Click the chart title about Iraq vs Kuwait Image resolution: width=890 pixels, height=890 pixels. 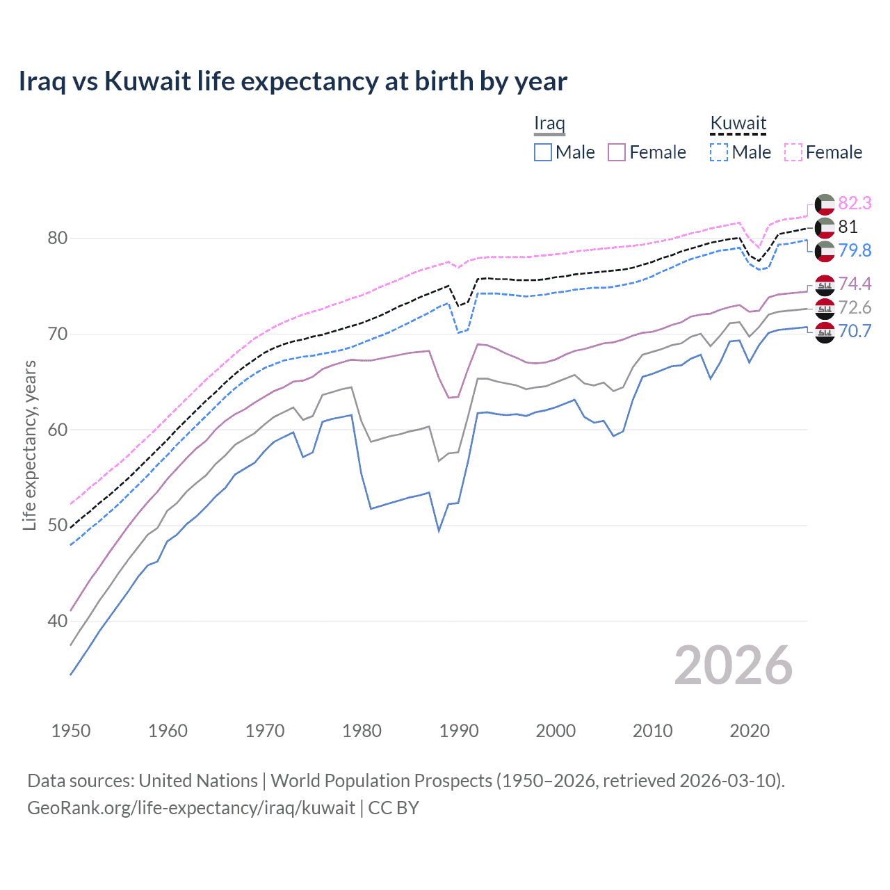pos(293,81)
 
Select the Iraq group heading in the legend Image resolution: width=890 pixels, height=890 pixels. pos(549,123)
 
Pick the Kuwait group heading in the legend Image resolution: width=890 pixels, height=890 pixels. pos(738,123)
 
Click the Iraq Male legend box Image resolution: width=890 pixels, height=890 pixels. pos(543,152)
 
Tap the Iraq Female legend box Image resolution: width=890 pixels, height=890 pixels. pos(617,152)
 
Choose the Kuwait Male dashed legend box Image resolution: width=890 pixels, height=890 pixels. pos(719,152)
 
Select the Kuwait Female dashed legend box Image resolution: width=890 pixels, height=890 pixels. pos(793,152)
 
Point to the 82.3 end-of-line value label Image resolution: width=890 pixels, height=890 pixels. pos(855,203)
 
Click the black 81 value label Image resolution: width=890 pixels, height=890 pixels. pos(848,227)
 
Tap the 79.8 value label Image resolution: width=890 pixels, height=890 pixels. pos(855,250)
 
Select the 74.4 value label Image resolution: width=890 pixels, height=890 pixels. pos(855,284)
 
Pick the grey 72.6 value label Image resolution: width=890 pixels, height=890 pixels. pos(855,307)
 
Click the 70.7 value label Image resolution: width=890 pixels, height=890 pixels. pos(855,331)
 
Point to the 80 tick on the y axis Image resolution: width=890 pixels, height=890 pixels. pos(58,238)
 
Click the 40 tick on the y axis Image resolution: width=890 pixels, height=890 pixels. pos(58,621)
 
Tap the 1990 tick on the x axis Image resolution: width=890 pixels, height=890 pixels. pos(459,731)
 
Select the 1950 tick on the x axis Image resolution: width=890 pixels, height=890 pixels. pos(71,731)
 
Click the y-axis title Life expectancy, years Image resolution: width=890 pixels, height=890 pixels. pos(30,445)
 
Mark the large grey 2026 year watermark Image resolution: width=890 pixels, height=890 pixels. pos(733,665)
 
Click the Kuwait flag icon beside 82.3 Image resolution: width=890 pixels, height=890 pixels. pos(825,204)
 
